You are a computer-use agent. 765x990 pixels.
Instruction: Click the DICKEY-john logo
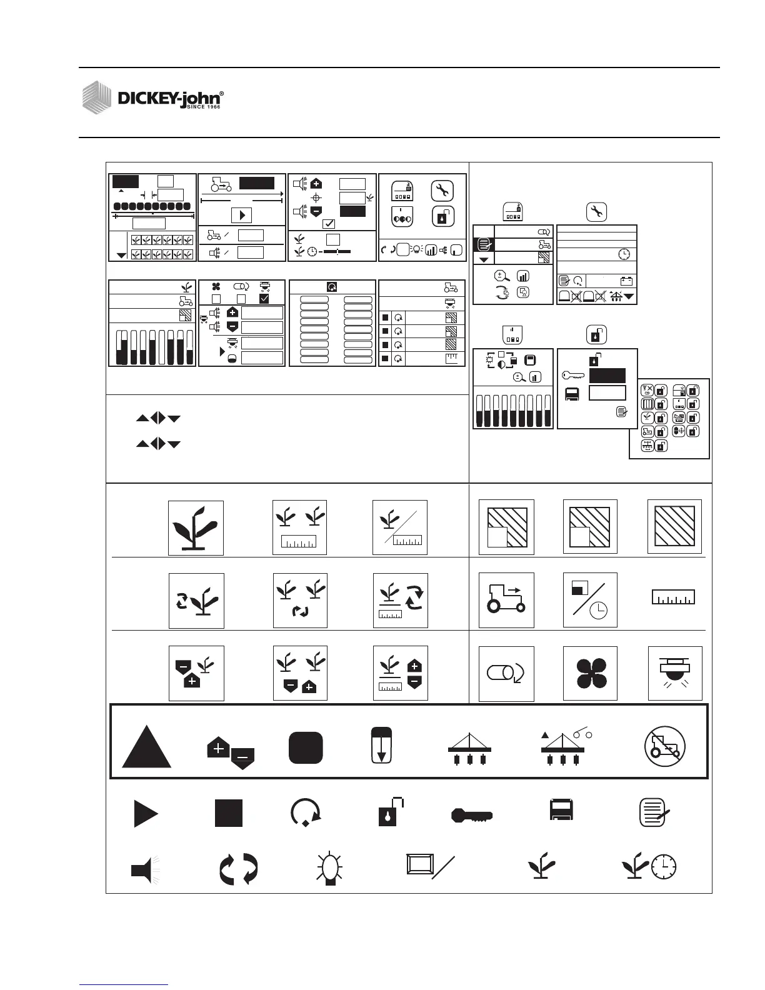pos(153,97)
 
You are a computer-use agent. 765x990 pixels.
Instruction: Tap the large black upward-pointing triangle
pos(146,749)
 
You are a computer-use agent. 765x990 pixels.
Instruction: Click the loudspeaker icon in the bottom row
pos(145,869)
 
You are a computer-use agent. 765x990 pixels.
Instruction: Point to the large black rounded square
pos(306,747)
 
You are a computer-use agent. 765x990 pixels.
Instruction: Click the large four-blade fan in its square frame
pos(590,674)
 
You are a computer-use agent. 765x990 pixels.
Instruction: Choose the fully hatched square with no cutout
pos(674,526)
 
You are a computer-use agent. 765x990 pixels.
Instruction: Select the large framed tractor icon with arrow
pos(506,600)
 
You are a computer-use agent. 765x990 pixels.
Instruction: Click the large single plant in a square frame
pos(196,528)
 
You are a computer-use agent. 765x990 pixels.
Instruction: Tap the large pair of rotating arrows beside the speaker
pos(239,869)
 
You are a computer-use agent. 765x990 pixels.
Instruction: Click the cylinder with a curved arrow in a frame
pos(506,674)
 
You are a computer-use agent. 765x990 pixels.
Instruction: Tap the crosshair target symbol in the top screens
pos(316,197)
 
